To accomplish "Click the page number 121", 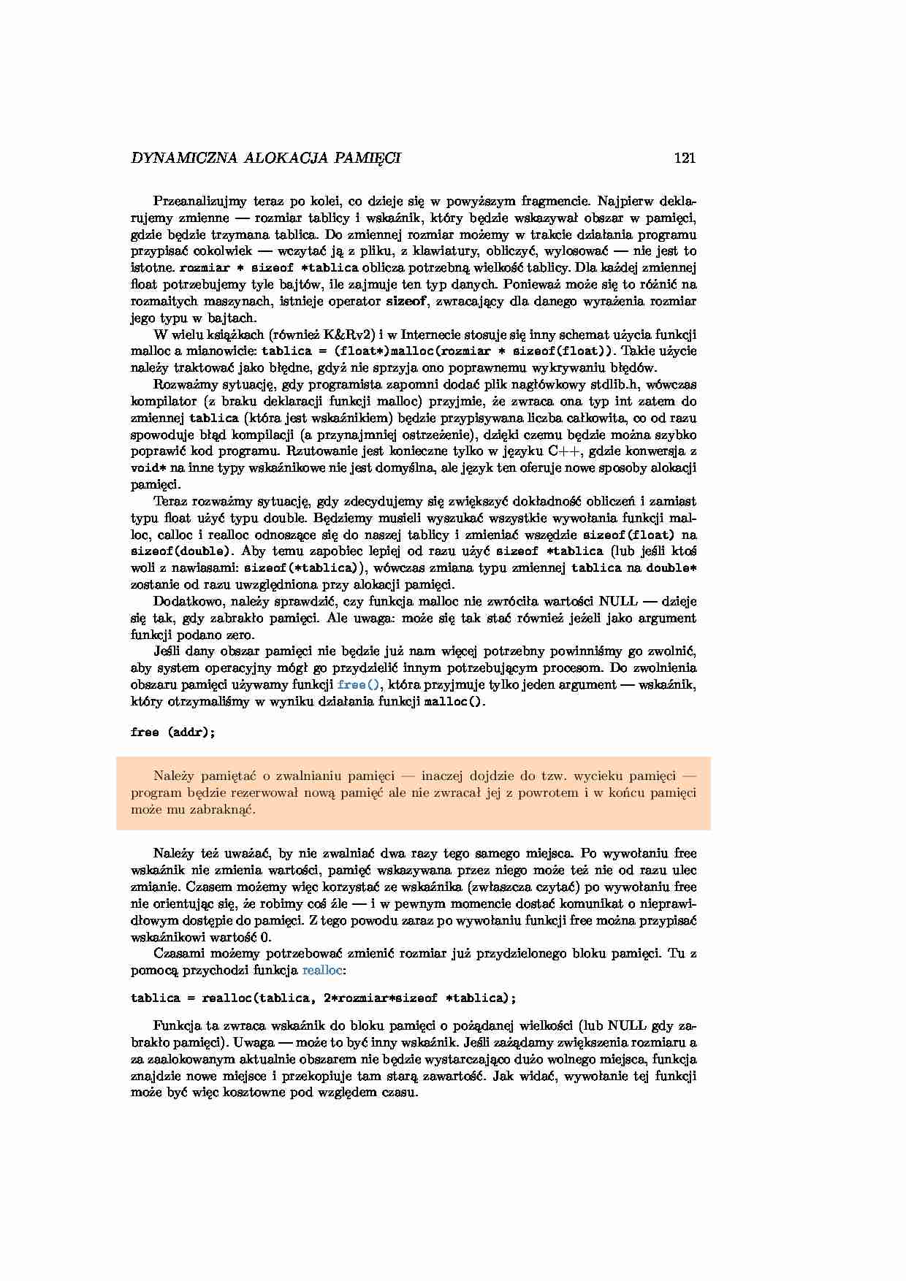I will (685, 158).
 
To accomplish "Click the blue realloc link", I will (322, 970).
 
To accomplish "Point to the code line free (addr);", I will (173, 732).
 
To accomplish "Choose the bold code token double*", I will (671, 568).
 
